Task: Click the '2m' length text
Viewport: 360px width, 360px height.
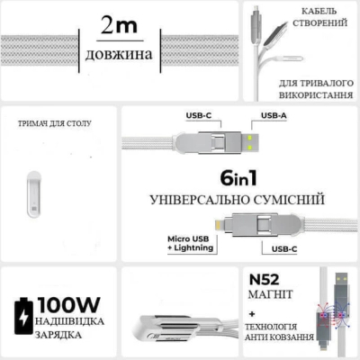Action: coord(119,25)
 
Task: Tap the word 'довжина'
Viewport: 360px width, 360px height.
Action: coord(119,54)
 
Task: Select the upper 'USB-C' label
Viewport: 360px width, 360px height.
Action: coord(199,115)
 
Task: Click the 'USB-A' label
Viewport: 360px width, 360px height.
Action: coord(274,115)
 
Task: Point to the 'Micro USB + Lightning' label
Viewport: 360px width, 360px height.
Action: coord(191,243)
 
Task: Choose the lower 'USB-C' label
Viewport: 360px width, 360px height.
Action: coord(284,249)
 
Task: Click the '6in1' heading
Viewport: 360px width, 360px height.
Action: coord(238,178)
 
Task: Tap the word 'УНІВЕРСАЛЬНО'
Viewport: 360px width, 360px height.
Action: coord(199,200)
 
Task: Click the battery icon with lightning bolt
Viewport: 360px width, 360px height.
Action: coord(23,316)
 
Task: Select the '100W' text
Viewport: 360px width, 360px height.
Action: coord(68,305)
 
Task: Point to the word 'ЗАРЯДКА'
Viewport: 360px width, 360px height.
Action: coord(58,335)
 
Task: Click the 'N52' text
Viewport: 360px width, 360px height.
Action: coord(264,280)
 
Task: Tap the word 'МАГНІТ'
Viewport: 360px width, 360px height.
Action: coord(270,294)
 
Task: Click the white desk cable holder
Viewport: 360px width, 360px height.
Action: coord(33,194)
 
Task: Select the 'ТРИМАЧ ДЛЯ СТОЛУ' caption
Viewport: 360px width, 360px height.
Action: coord(55,123)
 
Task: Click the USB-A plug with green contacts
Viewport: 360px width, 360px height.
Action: coord(250,142)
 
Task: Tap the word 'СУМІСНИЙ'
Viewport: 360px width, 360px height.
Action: coord(289,200)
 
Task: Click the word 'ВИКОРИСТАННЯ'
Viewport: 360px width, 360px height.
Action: coord(316,95)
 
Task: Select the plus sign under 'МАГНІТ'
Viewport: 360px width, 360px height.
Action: coord(252,314)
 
